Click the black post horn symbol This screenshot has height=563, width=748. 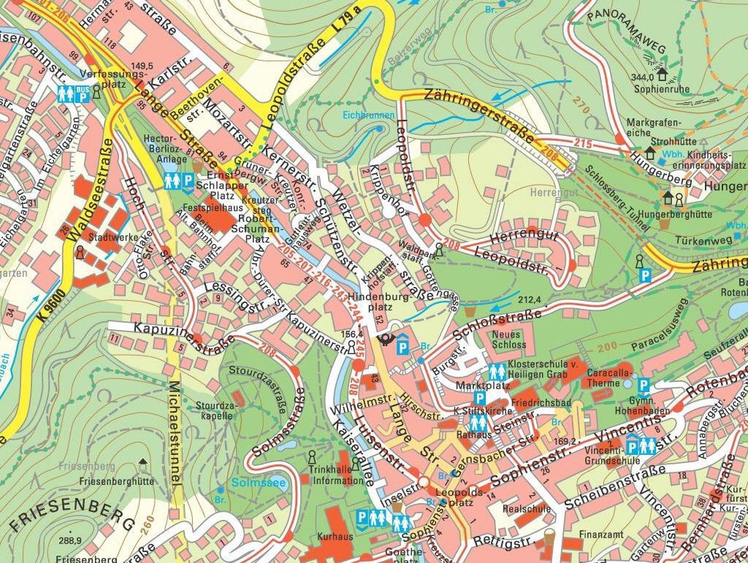383,340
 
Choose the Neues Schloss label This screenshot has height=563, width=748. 508,339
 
